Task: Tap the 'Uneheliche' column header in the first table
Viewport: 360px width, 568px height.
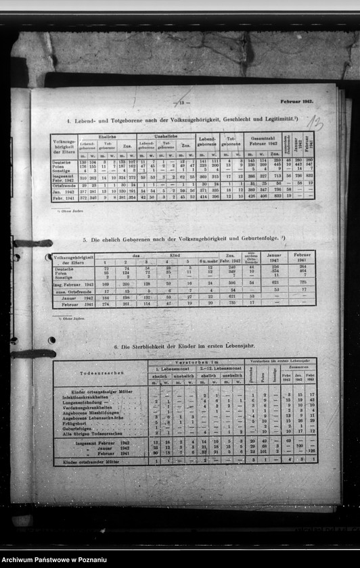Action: point(165,137)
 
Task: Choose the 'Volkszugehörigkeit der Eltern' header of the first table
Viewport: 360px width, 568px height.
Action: point(64,146)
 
